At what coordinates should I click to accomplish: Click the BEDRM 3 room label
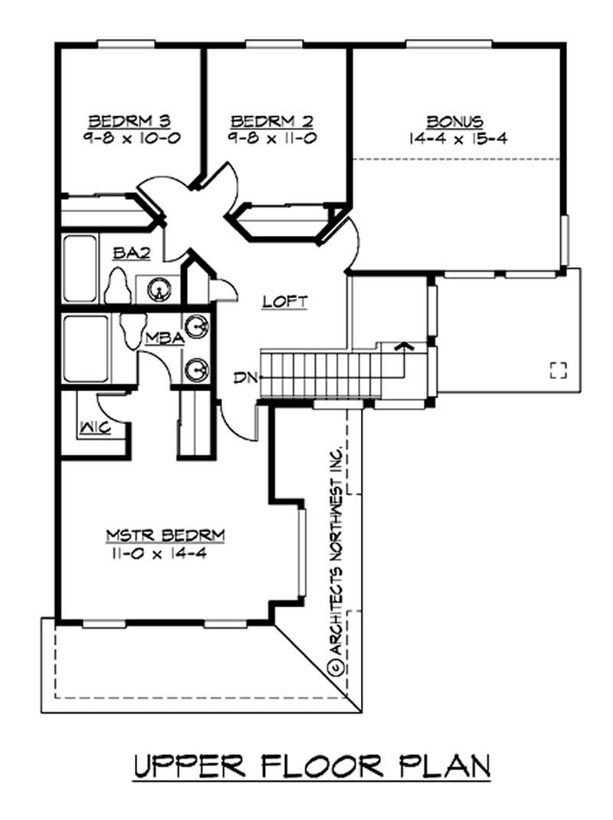click(129, 120)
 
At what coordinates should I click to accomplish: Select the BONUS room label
click(454, 120)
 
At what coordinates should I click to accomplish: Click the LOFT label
click(284, 301)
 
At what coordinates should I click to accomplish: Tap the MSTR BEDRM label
click(159, 534)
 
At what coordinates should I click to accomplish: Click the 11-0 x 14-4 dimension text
click(159, 553)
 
